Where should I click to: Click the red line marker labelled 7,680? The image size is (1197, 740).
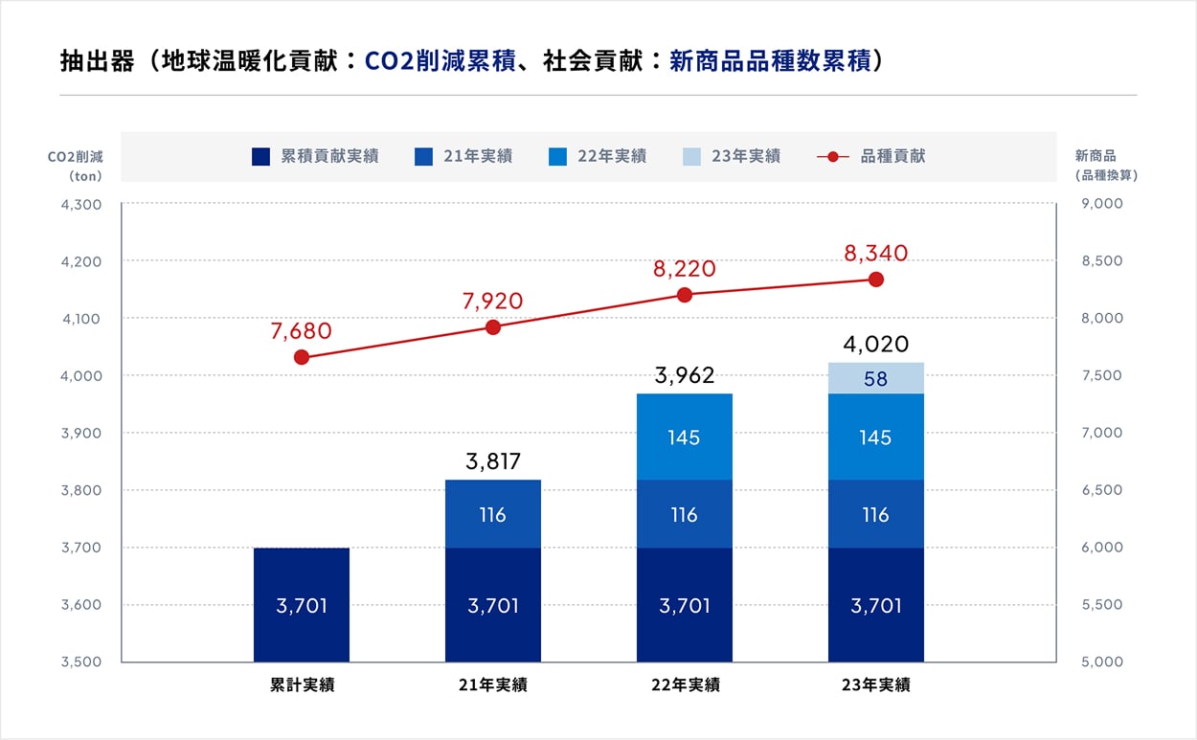[302, 357]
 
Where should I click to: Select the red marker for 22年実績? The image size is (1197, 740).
[685, 295]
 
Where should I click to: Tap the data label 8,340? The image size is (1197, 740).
[875, 254]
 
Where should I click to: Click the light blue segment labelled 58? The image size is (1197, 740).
[875, 378]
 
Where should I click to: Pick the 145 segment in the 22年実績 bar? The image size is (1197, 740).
[684, 437]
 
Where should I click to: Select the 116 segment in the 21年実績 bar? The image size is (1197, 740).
[492, 514]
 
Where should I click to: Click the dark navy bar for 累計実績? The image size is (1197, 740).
[302, 604]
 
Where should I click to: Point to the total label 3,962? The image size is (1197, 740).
[684, 375]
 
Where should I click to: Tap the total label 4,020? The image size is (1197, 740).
[875, 345]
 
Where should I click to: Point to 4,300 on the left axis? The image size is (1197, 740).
[80, 204]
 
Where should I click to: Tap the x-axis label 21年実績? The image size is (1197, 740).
[492, 685]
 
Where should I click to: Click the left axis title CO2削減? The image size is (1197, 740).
[75, 156]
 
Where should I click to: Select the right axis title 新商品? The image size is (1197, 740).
[1095, 155]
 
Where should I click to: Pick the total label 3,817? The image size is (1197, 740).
[492, 462]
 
